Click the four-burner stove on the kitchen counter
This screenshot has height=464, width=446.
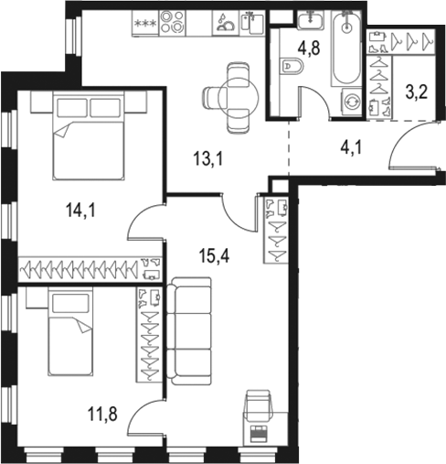point(174,22)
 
